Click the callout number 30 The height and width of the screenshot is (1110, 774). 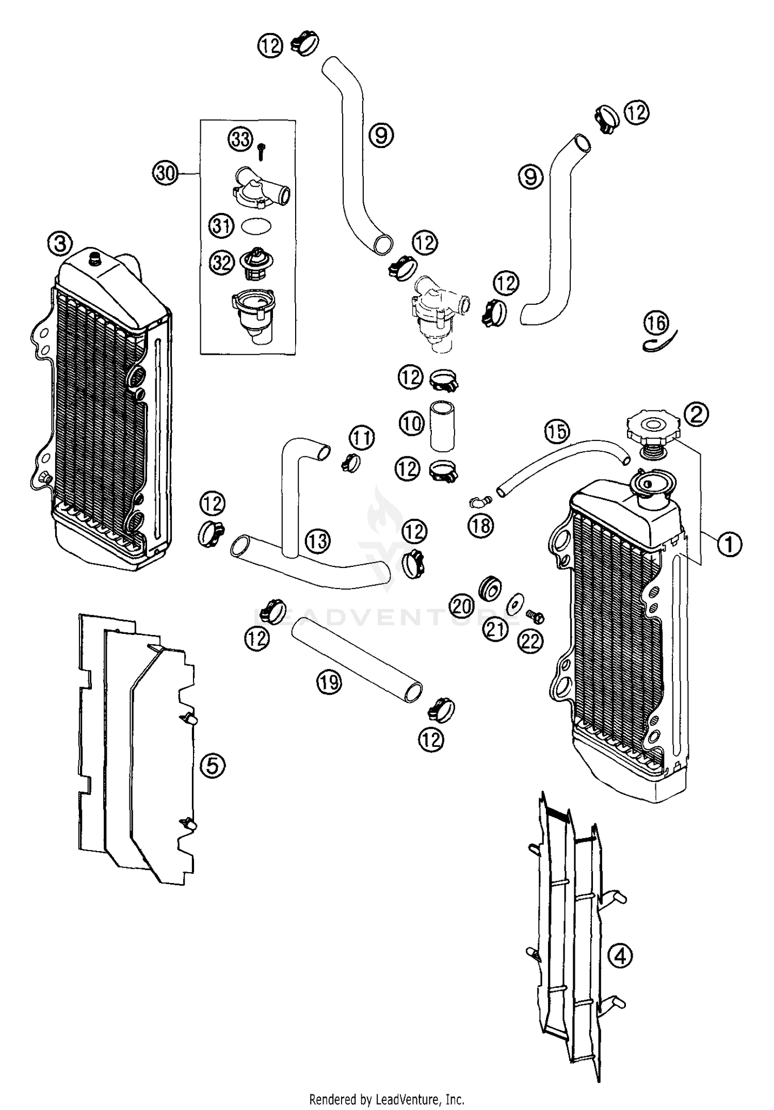pyautogui.click(x=166, y=173)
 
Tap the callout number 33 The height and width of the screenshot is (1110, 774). pyautogui.click(x=240, y=139)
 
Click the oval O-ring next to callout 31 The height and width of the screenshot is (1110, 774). pyautogui.click(x=256, y=226)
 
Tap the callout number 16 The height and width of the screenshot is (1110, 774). pyautogui.click(x=656, y=323)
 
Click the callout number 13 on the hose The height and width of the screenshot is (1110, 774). pyautogui.click(x=318, y=541)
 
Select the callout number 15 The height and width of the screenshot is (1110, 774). pyautogui.click(x=557, y=431)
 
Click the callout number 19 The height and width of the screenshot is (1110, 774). pyautogui.click(x=329, y=682)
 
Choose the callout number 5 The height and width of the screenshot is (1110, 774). pyautogui.click(x=213, y=765)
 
